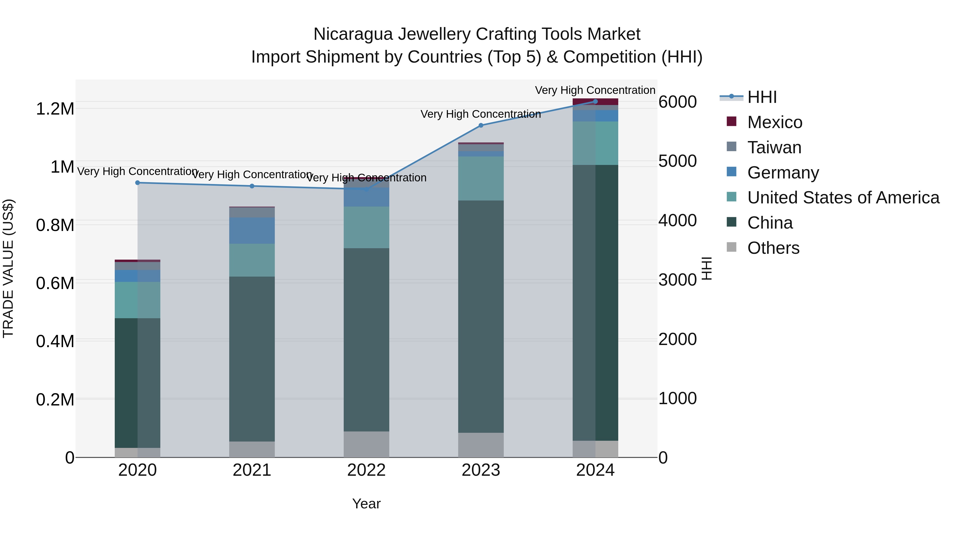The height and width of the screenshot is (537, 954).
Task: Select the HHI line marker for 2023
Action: (x=481, y=125)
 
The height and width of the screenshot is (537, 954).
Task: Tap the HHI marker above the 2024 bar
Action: (x=595, y=102)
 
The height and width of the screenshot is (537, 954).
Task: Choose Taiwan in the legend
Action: (x=774, y=147)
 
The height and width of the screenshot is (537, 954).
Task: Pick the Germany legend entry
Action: (x=783, y=173)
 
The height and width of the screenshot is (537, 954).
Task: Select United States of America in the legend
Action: (x=843, y=198)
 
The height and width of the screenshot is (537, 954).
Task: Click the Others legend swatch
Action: (x=731, y=247)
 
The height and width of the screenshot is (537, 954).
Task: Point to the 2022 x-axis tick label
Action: (x=366, y=470)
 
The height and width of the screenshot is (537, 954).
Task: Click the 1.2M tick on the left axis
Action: (x=55, y=109)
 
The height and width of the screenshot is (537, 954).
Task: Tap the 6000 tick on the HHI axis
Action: (x=677, y=102)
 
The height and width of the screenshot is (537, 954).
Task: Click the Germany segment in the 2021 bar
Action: (x=252, y=230)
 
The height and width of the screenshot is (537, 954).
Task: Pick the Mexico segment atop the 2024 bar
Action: (x=595, y=102)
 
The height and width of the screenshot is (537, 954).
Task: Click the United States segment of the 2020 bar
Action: (x=137, y=300)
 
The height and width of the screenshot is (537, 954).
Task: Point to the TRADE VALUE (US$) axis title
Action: (x=8, y=268)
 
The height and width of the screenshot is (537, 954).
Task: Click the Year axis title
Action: (x=366, y=504)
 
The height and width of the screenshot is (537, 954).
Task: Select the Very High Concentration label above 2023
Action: (x=481, y=114)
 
